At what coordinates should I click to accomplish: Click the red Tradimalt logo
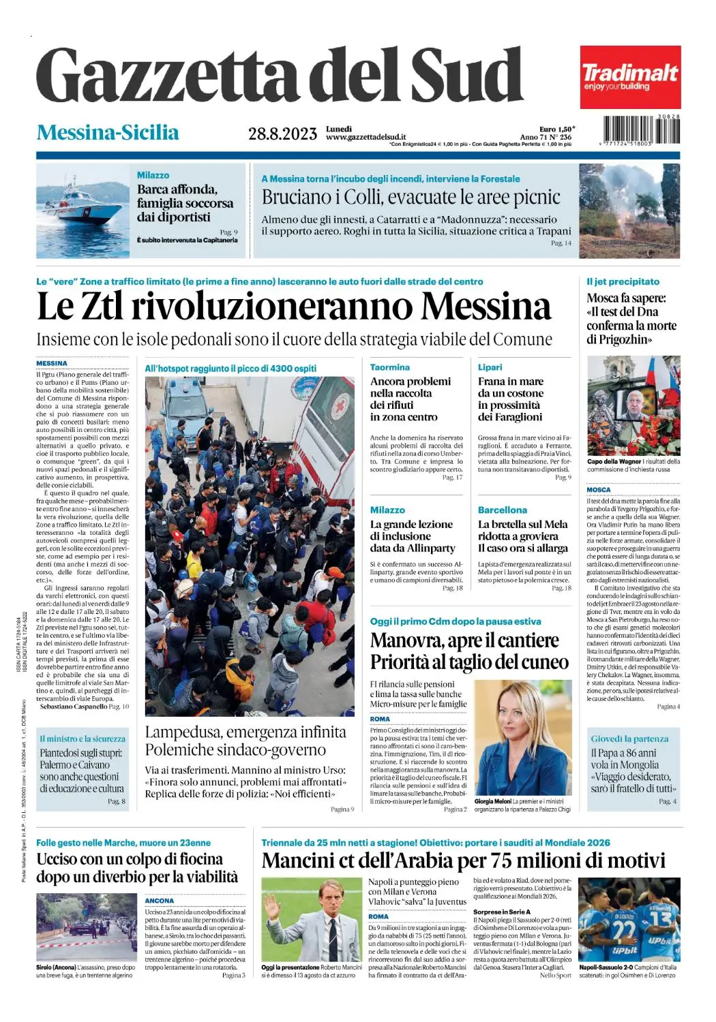630,77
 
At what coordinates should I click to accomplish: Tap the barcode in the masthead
641,129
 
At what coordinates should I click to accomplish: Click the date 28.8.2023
282,134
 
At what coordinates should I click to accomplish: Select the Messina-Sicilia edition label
108,132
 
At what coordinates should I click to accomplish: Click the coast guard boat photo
83,211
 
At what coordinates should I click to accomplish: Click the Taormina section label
390,367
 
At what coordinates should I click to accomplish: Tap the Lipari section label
490,367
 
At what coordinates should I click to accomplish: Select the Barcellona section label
503,510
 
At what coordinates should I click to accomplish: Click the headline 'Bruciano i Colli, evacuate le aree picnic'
411,198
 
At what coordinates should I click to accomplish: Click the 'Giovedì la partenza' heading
629,739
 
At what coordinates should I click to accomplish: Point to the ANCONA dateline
160,901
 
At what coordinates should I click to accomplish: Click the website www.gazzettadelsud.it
366,137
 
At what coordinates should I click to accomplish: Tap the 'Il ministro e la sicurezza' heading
83,739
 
